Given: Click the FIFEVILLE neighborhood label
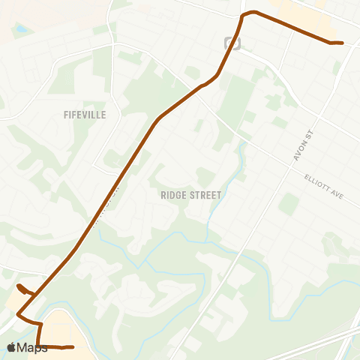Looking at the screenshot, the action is [x=85, y=115].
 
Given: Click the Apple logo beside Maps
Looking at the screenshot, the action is [x=11, y=347].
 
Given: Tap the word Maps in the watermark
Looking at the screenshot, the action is [x=32, y=347].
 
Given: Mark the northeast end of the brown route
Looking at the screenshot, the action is [x=341, y=43].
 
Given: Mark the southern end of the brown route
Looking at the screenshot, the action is [x=72, y=347].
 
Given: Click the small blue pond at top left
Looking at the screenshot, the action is [x=20, y=29].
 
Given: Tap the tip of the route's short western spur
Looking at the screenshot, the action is [x=19, y=286].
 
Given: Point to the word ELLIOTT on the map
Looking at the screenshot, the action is [x=318, y=183].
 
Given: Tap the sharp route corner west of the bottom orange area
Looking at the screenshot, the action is [x=40, y=323].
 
